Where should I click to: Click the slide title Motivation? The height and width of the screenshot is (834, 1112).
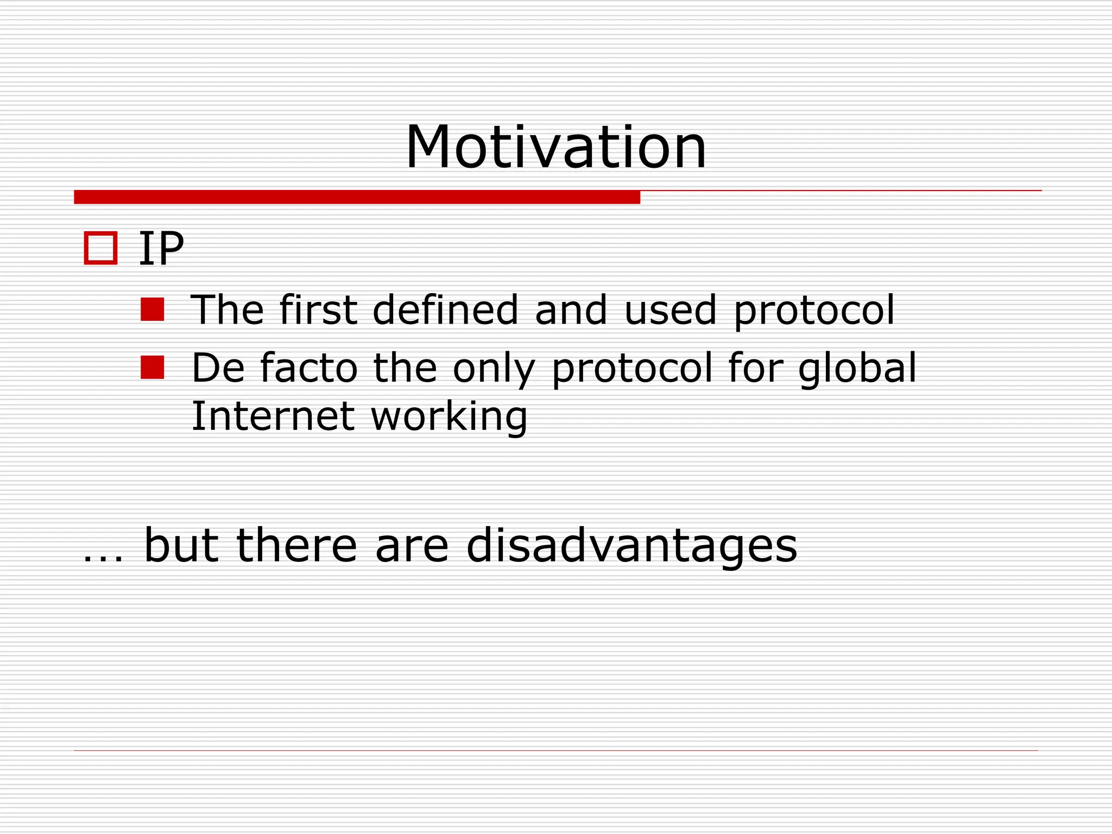[555, 148]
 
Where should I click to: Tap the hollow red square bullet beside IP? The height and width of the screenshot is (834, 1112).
[100, 248]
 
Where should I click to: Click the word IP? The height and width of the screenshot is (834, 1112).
[161, 249]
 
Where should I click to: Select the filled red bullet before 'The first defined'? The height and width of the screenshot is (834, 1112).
[152, 309]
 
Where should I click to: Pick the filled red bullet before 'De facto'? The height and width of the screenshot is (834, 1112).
[152, 367]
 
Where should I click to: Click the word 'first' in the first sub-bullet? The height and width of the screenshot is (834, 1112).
[318, 309]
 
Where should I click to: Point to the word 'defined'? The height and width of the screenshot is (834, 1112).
[445, 309]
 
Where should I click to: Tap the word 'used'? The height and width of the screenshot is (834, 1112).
[670, 311]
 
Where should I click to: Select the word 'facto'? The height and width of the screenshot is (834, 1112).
[308, 368]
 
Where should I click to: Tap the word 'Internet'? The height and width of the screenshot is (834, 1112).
[273, 416]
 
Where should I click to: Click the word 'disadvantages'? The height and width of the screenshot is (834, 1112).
[631, 546]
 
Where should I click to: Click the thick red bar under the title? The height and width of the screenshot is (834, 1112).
[357, 197]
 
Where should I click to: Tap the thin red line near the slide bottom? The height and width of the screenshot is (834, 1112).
[555, 750]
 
